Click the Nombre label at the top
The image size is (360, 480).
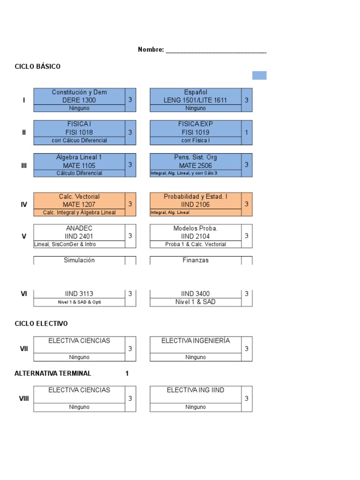(x=150, y=50)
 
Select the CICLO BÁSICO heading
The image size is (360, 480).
(x=37, y=67)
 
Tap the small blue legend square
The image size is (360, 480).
(x=259, y=75)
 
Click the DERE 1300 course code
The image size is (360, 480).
(x=79, y=100)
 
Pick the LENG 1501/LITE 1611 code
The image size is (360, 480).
(x=195, y=100)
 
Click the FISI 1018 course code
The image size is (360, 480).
(x=79, y=132)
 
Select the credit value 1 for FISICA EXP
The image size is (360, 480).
(x=247, y=132)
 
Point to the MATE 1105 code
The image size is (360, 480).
(x=79, y=165)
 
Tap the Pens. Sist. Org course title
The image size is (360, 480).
(x=195, y=157)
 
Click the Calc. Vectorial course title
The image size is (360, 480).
(x=79, y=196)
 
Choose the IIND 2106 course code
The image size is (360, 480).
(x=195, y=204)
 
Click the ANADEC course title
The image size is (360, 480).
(x=79, y=228)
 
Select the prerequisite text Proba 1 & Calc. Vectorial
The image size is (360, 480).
(x=195, y=244)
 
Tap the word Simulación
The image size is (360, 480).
(x=79, y=260)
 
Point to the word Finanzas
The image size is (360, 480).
(x=195, y=260)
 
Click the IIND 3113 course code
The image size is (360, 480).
(x=79, y=294)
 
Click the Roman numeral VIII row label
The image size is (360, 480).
(x=24, y=398)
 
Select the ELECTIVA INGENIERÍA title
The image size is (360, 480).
(x=195, y=341)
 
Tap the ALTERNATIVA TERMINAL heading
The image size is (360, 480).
(x=53, y=374)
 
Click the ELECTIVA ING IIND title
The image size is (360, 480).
(x=195, y=390)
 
